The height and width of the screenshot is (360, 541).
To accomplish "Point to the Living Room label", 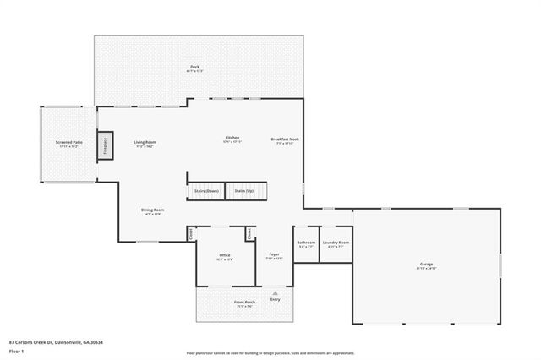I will pyautogui.click(x=145, y=144).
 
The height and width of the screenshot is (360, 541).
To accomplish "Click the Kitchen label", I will pyautogui.click(x=232, y=139).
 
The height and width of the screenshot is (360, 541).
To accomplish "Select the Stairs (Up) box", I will pyautogui.click(x=246, y=191).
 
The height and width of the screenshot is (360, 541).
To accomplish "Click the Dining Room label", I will pyautogui.click(x=152, y=211).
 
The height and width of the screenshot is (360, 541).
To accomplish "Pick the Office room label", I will pyautogui.click(x=225, y=256).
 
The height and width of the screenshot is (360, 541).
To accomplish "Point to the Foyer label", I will pyautogui.click(x=274, y=255).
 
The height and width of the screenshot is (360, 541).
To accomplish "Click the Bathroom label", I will pyautogui.click(x=306, y=244).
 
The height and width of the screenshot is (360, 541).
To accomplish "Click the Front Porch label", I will pyautogui.click(x=244, y=303).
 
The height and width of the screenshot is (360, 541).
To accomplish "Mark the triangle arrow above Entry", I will pyautogui.click(x=275, y=292).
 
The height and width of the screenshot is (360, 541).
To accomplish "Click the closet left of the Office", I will pyautogui.click(x=192, y=233).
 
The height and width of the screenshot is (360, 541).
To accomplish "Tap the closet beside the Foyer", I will pyautogui.click(x=250, y=233).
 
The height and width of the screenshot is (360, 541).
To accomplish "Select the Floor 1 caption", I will pyautogui.click(x=15, y=351).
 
